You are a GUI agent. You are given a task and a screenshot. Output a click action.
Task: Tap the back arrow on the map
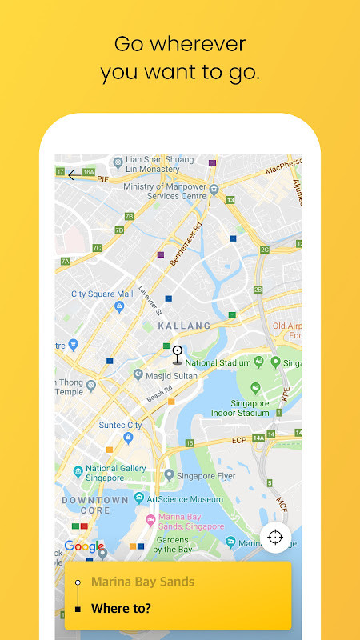[73, 175]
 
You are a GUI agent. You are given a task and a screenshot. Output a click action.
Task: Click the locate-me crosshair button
[276, 537]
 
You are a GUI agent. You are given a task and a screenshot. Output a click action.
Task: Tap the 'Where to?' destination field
[121, 608]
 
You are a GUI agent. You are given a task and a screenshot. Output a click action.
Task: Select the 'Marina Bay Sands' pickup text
[142, 582]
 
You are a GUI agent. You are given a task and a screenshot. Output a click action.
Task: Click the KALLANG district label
[184, 326]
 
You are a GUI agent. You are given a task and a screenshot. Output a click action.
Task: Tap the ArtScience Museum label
[183, 498]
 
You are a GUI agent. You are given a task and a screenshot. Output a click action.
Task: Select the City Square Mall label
[102, 294]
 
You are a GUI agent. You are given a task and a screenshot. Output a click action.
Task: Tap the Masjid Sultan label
[173, 374]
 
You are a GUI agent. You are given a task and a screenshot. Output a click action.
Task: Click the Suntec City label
[120, 425]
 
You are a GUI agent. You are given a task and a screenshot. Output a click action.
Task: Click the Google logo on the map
[84, 546]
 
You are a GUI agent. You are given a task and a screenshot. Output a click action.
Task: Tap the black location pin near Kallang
[178, 354]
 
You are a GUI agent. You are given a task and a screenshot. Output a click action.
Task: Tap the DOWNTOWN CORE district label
[95, 505]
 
